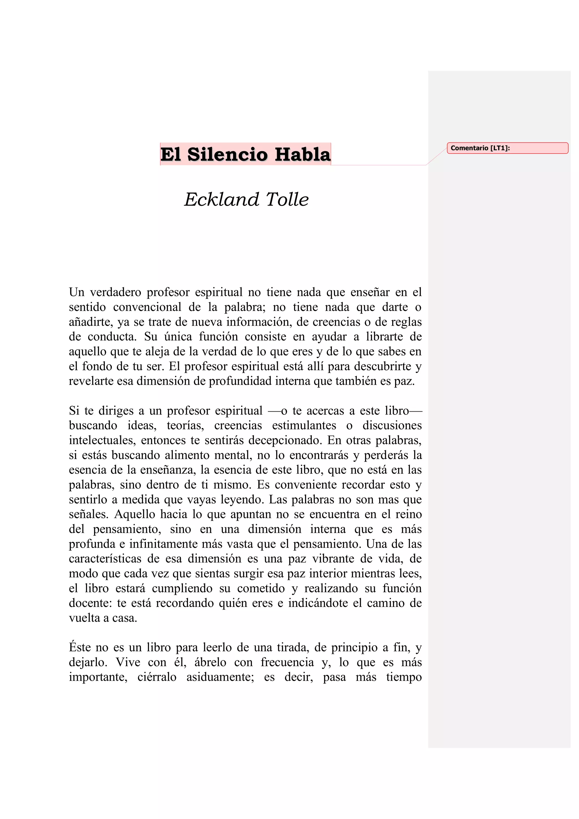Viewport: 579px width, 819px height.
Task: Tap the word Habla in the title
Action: coord(303,154)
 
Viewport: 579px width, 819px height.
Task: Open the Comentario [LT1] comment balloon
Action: coord(507,148)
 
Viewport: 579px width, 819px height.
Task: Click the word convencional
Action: coord(147,307)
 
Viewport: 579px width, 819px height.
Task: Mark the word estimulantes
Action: coord(304,425)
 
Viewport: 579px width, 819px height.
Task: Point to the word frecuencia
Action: coord(287,662)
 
